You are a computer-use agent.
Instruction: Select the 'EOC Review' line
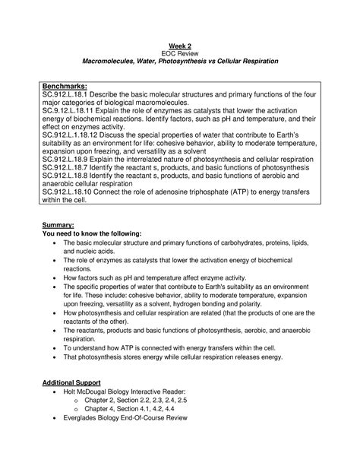tap(180, 52)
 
